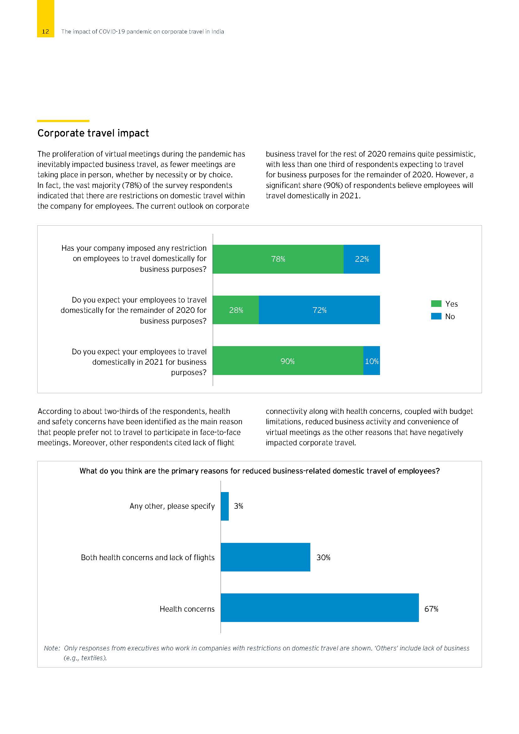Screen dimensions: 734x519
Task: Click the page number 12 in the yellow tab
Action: (x=45, y=31)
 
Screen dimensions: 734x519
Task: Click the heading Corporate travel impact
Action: (x=93, y=133)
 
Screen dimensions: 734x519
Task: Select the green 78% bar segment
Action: (x=278, y=259)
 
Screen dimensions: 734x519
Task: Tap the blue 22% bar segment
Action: (x=361, y=259)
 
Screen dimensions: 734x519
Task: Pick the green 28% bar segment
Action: (x=236, y=310)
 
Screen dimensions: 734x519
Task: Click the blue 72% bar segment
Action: (x=319, y=310)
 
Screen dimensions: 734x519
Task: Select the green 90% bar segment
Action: (x=288, y=361)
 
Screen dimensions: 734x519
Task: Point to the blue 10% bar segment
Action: (x=372, y=361)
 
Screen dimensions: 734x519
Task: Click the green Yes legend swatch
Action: (x=436, y=303)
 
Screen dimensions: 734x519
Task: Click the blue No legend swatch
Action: (x=436, y=316)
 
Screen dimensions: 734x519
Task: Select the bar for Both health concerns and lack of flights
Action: (x=265, y=557)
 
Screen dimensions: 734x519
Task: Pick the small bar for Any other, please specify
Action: (x=225, y=506)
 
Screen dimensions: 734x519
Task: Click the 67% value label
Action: (x=431, y=609)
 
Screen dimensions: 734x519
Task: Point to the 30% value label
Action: (x=323, y=558)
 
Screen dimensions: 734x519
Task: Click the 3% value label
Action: (x=238, y=506)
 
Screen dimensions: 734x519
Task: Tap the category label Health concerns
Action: (x=187, y=609)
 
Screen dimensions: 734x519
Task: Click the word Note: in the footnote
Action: (x=52, y=648)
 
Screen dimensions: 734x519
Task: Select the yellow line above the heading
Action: (x=63, y=121)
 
